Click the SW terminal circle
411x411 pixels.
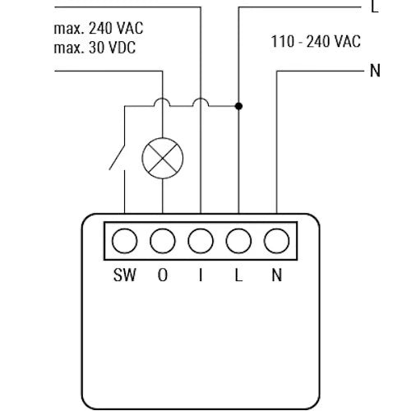point(124,242)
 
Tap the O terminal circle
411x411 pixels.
point(163,242)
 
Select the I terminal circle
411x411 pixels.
point(201,242)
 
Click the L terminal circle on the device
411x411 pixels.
point(238,242)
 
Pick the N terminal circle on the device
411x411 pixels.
point(277,242)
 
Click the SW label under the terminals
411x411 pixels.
point(124,276)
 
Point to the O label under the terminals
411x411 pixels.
point(163,276)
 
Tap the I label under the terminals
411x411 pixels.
point(201,276)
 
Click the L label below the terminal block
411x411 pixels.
point(238,276)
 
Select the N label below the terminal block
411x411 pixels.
point(277,276)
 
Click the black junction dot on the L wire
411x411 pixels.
point(238,106)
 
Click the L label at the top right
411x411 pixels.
point(375,7)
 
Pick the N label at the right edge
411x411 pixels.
point(376,70)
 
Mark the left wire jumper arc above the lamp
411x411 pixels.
point(163,102)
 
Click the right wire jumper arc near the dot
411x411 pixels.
point(201,102)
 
